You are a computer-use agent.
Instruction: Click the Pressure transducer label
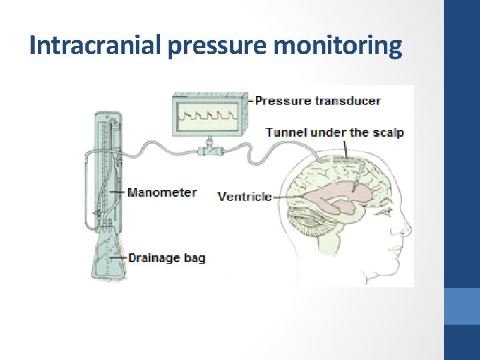[318, 101]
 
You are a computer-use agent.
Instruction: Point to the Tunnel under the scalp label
[335, 132]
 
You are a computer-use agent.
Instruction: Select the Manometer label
[161, 193]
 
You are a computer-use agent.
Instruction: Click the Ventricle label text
[245, 196]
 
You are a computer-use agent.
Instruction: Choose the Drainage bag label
[166, 257]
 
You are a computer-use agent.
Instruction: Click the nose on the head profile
[404, 230]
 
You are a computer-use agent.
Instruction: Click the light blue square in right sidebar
[461, 306]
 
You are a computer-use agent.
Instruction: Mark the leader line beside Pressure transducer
[251, 101]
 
